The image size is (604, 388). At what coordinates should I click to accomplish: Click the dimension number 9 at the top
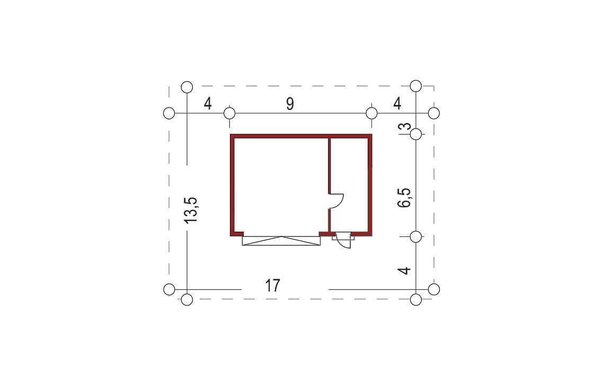[x=290, y=104]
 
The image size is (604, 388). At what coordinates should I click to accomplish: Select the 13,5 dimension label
[x=191, y=210]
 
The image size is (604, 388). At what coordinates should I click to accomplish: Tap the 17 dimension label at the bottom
[x=273, y=286]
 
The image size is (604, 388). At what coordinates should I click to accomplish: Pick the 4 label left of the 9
[x=208, y=104]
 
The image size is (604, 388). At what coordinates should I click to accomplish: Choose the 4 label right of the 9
[x=397, y=104]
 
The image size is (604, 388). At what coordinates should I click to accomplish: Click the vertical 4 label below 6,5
[x=404, y=270]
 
